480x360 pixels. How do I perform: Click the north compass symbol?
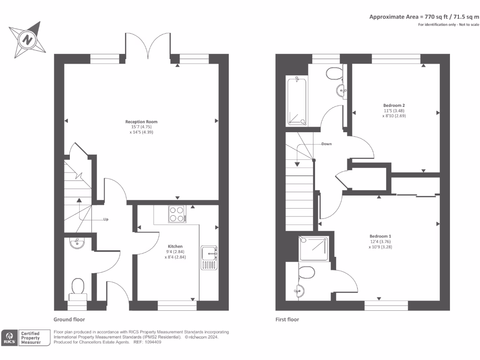click(28, 39)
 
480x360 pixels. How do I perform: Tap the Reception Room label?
click(141, 122)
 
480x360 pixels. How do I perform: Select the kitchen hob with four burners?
click(177, 214)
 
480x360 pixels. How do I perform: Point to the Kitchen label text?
click(175, 246)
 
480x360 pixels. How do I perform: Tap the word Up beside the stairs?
click(105, 219)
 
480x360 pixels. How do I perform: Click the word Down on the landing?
click(326, 144)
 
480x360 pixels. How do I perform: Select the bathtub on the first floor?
click(297, 102)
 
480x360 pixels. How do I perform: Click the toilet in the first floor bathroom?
click(334, 73)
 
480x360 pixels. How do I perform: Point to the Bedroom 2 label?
click(393, 105)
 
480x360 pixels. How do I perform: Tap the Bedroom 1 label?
click(380, 236)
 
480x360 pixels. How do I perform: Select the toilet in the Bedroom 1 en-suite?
click(307, 271)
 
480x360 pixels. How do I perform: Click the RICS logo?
click(9, 338)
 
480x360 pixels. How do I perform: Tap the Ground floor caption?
click(69, 320)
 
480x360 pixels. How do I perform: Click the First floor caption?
click(287, 320)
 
